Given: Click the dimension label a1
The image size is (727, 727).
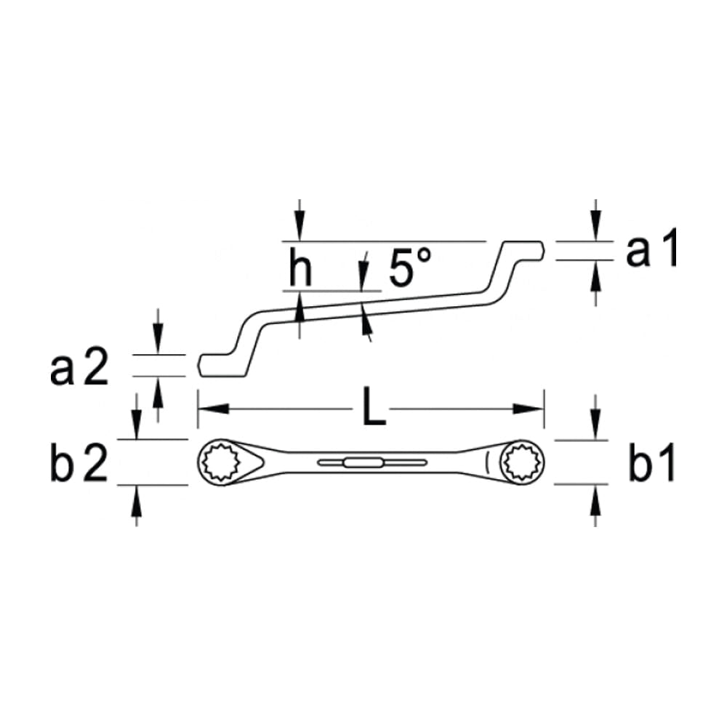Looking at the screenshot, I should (x=652, y=249).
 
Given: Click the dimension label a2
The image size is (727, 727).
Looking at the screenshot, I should (x=79, y=369).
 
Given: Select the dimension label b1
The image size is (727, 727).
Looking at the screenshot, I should (x=652, y=465).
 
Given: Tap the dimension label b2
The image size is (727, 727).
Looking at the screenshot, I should (x=79, y=465).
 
